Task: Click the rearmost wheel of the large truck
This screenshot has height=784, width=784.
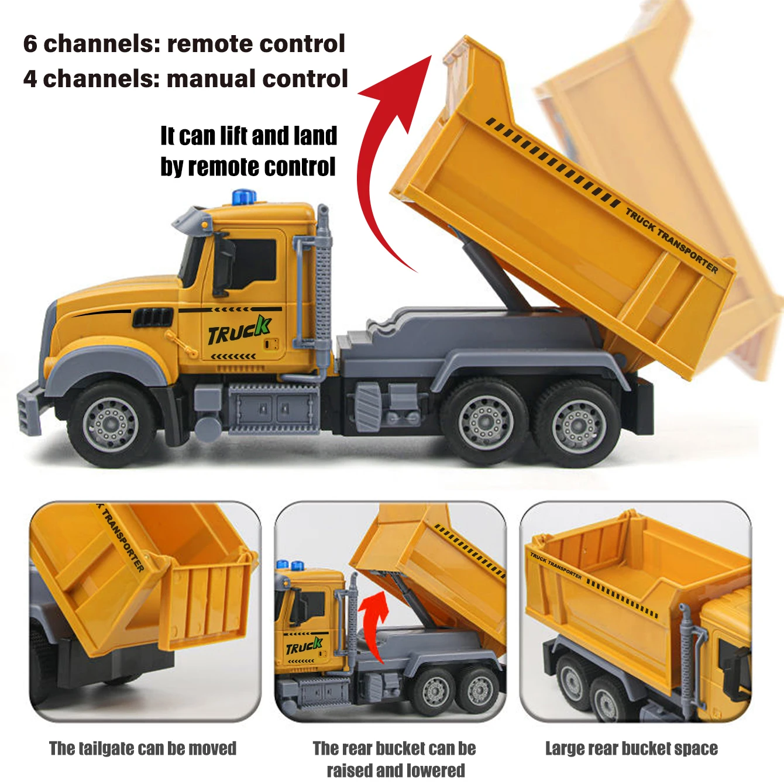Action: pos(577,422)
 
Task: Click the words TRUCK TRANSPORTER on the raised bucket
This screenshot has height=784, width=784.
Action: pos(672,240)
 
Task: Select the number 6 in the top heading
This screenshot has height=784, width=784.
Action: pos(30,44)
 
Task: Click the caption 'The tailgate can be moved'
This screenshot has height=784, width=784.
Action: pos(143,748)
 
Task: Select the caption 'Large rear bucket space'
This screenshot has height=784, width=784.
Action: pos(631,748)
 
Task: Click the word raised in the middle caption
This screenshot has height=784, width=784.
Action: pos(350,770)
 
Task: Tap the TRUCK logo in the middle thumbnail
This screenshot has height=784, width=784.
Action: pos(304,647)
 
